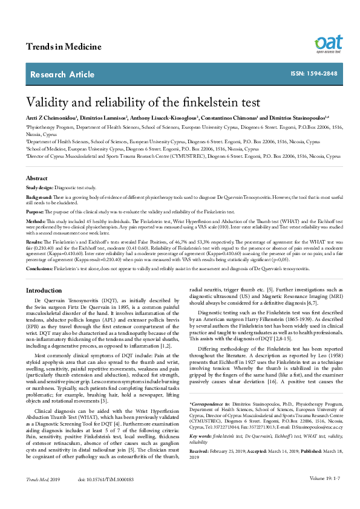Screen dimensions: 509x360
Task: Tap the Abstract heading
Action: point(37,178)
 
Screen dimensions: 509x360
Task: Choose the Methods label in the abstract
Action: point(36,222)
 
